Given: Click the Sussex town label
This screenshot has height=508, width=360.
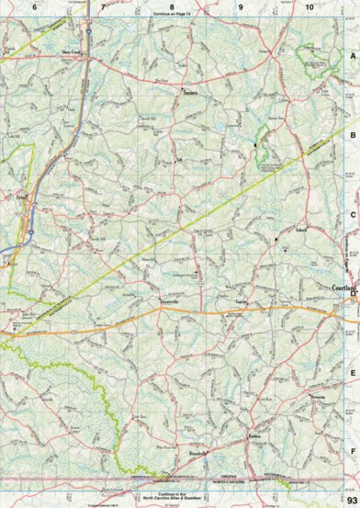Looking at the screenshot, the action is (190, 93).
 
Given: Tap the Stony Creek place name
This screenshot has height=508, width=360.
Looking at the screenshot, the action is (73, 53).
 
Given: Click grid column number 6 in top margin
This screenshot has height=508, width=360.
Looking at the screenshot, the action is (34, 7).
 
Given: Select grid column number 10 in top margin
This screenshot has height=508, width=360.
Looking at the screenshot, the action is (309, 7).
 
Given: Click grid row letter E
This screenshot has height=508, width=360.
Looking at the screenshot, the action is (352, 373).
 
